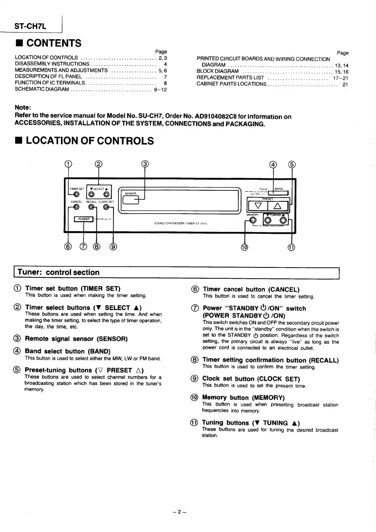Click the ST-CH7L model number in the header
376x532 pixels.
[30, 26]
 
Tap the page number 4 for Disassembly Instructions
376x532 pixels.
[165, 64]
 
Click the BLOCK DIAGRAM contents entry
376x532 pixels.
[218, 71]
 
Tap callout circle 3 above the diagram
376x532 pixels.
[145, 164]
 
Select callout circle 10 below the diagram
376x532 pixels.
[245, 247]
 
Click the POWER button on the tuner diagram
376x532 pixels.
[84, 219]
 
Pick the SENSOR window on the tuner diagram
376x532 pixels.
[130, 199]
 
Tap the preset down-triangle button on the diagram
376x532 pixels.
[258, 206]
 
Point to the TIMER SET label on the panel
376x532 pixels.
[76, 189]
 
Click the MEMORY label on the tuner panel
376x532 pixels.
[253, 215]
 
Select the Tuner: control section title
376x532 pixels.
[58, 272]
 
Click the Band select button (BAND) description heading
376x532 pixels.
[68, 351]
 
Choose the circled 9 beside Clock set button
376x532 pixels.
[195, 379]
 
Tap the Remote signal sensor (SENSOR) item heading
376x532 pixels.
[76, 339]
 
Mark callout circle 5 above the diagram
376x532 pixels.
[292, 164]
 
